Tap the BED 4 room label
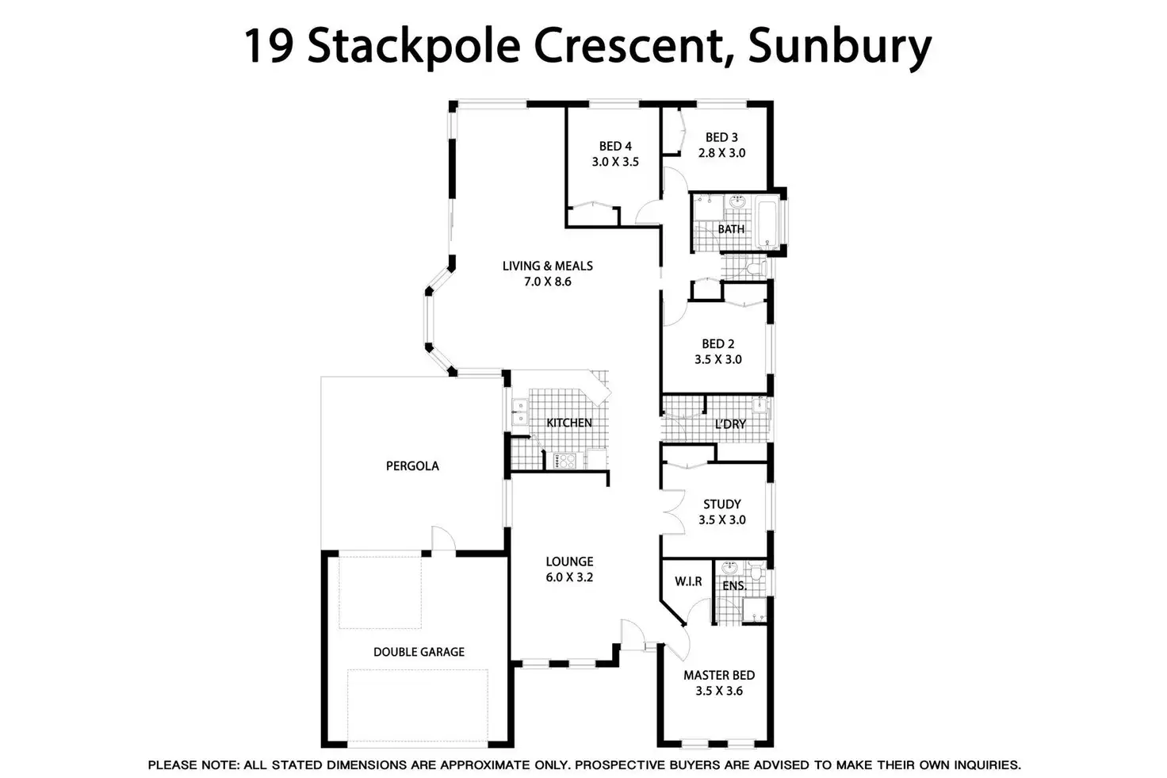tap(615, 146)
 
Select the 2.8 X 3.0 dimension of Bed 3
tap(721, 153)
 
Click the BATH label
tap(731, 229)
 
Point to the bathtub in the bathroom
tap(768, 224)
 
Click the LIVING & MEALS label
tap(547, 266)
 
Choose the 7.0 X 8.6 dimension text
tap(547, 282)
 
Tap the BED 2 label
tap(718, 343)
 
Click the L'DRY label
tap(730, 424)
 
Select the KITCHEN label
tap(569, 423)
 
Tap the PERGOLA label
tap(412, 466)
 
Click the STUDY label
tap(722, 504)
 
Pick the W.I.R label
tap(688, 581)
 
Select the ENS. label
tap(734, 586)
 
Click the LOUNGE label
tap(569, 561)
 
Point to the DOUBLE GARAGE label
tap(419, 652)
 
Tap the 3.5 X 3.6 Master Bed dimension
tap(719, 691)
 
